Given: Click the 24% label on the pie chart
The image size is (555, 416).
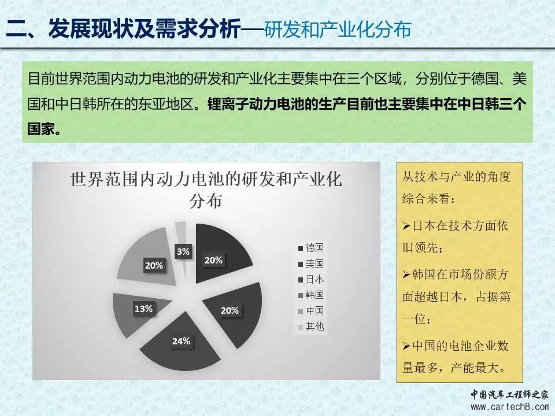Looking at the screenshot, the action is tap(181, 341).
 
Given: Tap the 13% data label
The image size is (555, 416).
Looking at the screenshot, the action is tap(143, 309).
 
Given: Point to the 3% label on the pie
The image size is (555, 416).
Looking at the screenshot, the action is tap(183, 251).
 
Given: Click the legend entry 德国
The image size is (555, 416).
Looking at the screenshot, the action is tap(311, 248).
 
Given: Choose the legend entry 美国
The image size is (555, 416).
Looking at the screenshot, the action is tap(311, 264).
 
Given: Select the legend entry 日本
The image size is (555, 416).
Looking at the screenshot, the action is tap(311, 280).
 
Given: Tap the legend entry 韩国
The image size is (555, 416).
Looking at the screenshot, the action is tap(311, 295).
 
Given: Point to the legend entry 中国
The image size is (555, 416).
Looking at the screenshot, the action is tap(311, 311).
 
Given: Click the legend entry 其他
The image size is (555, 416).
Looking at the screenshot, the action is tap(311, 326).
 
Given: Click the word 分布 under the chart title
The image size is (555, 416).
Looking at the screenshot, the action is tap(206, 201).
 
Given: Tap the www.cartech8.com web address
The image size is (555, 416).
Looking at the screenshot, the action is tap(510, 407).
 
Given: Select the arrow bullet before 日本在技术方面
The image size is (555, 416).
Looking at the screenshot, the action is tap(406, 226).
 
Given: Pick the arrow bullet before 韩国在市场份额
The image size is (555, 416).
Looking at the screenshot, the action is tap(406, 274).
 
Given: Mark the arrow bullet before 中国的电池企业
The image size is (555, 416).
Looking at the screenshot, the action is tap(406, 346).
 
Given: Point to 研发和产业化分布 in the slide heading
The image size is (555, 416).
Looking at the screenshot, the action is tap(337, 29).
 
